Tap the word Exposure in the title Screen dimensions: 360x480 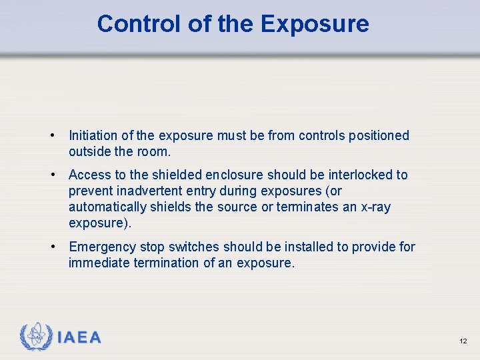[315, 24]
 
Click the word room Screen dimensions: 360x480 [152, 152]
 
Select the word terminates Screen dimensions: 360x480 [308, 207]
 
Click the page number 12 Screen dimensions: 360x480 [463, 341]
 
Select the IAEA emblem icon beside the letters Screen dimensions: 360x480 [36, 337]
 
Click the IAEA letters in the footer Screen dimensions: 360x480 [79, 338]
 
